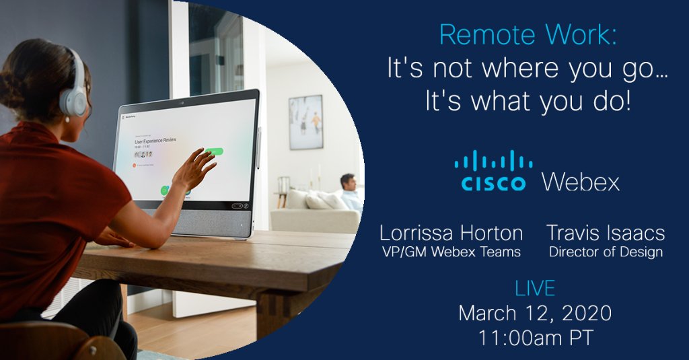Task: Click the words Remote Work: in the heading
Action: (527, 34)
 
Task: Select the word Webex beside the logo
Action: (580, 182)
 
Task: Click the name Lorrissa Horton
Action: (451, 233)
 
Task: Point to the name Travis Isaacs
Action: (606, 233)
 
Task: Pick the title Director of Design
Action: (606, 253)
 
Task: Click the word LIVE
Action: (535, 289)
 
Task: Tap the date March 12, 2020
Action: (535, 313)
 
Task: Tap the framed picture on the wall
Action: (305, 122)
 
